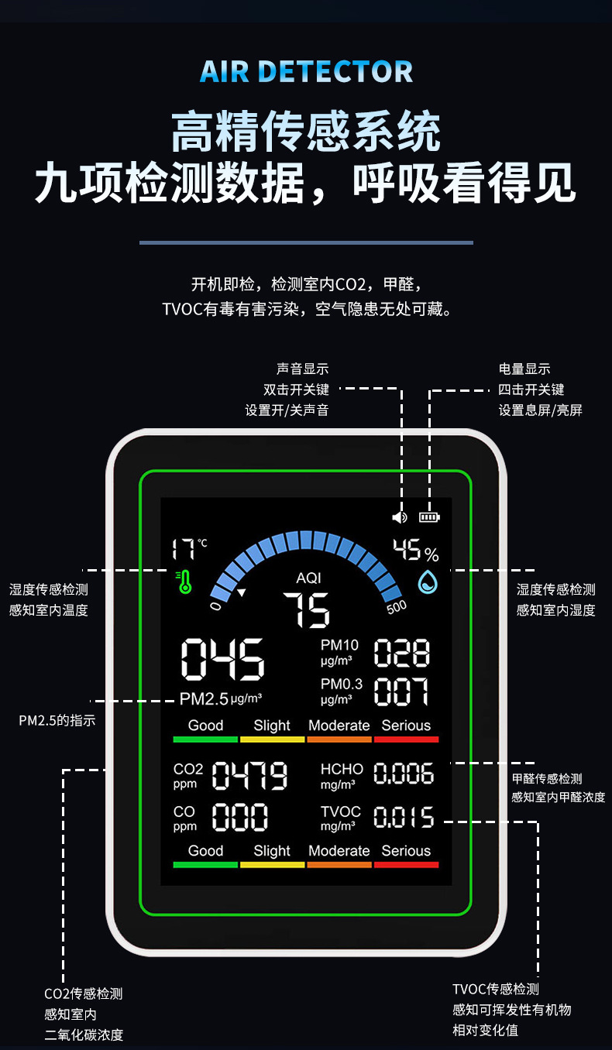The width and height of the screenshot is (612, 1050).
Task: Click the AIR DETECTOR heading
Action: (x=306, y=71)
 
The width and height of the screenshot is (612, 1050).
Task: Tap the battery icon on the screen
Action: (x=428, y=516)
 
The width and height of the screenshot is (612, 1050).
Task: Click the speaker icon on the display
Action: (x=400, y=516)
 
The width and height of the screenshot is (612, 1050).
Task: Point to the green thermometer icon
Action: (x=184, y=582)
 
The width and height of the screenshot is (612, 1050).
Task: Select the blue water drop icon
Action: (x=428, y=582)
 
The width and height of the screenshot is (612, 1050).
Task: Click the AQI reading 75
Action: (x=307, y=609)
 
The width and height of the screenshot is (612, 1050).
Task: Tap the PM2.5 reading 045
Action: (x=222, y=660)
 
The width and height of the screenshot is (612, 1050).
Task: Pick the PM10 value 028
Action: (x=401, y=654)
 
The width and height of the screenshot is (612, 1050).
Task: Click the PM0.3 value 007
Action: (x=401, y=691)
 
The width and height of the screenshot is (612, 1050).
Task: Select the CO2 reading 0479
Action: (x=250, y=775)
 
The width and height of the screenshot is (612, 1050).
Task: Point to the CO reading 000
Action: (x=240, y=817)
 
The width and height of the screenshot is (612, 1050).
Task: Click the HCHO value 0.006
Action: (x=404, y=774)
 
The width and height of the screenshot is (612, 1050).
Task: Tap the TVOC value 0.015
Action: (x=404, y=817)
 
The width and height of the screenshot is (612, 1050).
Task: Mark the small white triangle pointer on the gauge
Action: (x=242, y=593)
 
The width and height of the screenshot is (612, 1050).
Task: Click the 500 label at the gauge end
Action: (x=396, y=606)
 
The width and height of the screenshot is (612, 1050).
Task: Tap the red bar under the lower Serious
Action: (x=406, y=864)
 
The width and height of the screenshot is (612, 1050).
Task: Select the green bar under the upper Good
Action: (x=205, y=739)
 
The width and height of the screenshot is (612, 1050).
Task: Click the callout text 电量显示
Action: (x=524, y=369)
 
